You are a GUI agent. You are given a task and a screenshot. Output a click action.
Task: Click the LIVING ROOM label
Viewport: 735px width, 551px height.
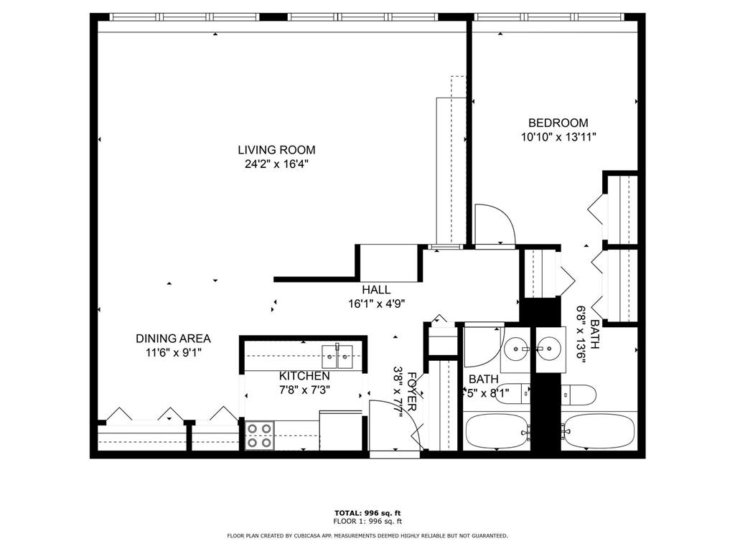click(x=276, y=150)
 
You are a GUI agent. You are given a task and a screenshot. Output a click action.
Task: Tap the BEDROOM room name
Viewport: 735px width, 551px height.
click(x=558, y=123)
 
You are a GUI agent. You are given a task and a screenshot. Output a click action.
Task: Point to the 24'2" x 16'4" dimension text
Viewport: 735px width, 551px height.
click(x=276, y=164)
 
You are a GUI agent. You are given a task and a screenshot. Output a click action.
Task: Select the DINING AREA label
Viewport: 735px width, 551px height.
click(x=173, y=339)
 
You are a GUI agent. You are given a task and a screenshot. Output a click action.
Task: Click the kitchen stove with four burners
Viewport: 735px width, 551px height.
click(x=259, y=435)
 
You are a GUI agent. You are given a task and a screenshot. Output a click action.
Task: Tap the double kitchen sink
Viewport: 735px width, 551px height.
click(x=337, y=354)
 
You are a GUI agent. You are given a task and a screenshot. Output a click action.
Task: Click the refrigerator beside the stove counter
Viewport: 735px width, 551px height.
click(x=340, y=430)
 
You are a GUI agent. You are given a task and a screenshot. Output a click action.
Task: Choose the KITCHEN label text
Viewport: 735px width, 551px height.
click(x=304, y=376)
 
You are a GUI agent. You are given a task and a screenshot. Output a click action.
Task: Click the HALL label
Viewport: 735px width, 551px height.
click(x=376, y=290)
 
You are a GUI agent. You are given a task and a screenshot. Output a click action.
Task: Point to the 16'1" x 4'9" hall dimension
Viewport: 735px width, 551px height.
click(x=376, y=303)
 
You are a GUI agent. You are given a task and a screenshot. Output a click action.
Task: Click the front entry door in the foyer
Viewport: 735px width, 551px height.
click(x=395, y=426)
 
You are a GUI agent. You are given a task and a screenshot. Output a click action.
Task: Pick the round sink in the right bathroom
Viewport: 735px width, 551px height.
click(x=551, y=349)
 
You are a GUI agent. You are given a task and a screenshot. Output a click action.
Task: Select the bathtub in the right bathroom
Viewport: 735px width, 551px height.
click(x=599, y=430)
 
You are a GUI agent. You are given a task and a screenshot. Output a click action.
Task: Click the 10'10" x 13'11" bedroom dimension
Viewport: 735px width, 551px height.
click(x=558, y=137)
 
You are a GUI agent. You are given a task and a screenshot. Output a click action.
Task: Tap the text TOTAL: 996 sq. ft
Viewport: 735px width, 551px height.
click(x=367, y=512)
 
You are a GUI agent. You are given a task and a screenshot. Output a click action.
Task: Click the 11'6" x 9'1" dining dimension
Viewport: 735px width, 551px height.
click(x=173, y=352)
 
